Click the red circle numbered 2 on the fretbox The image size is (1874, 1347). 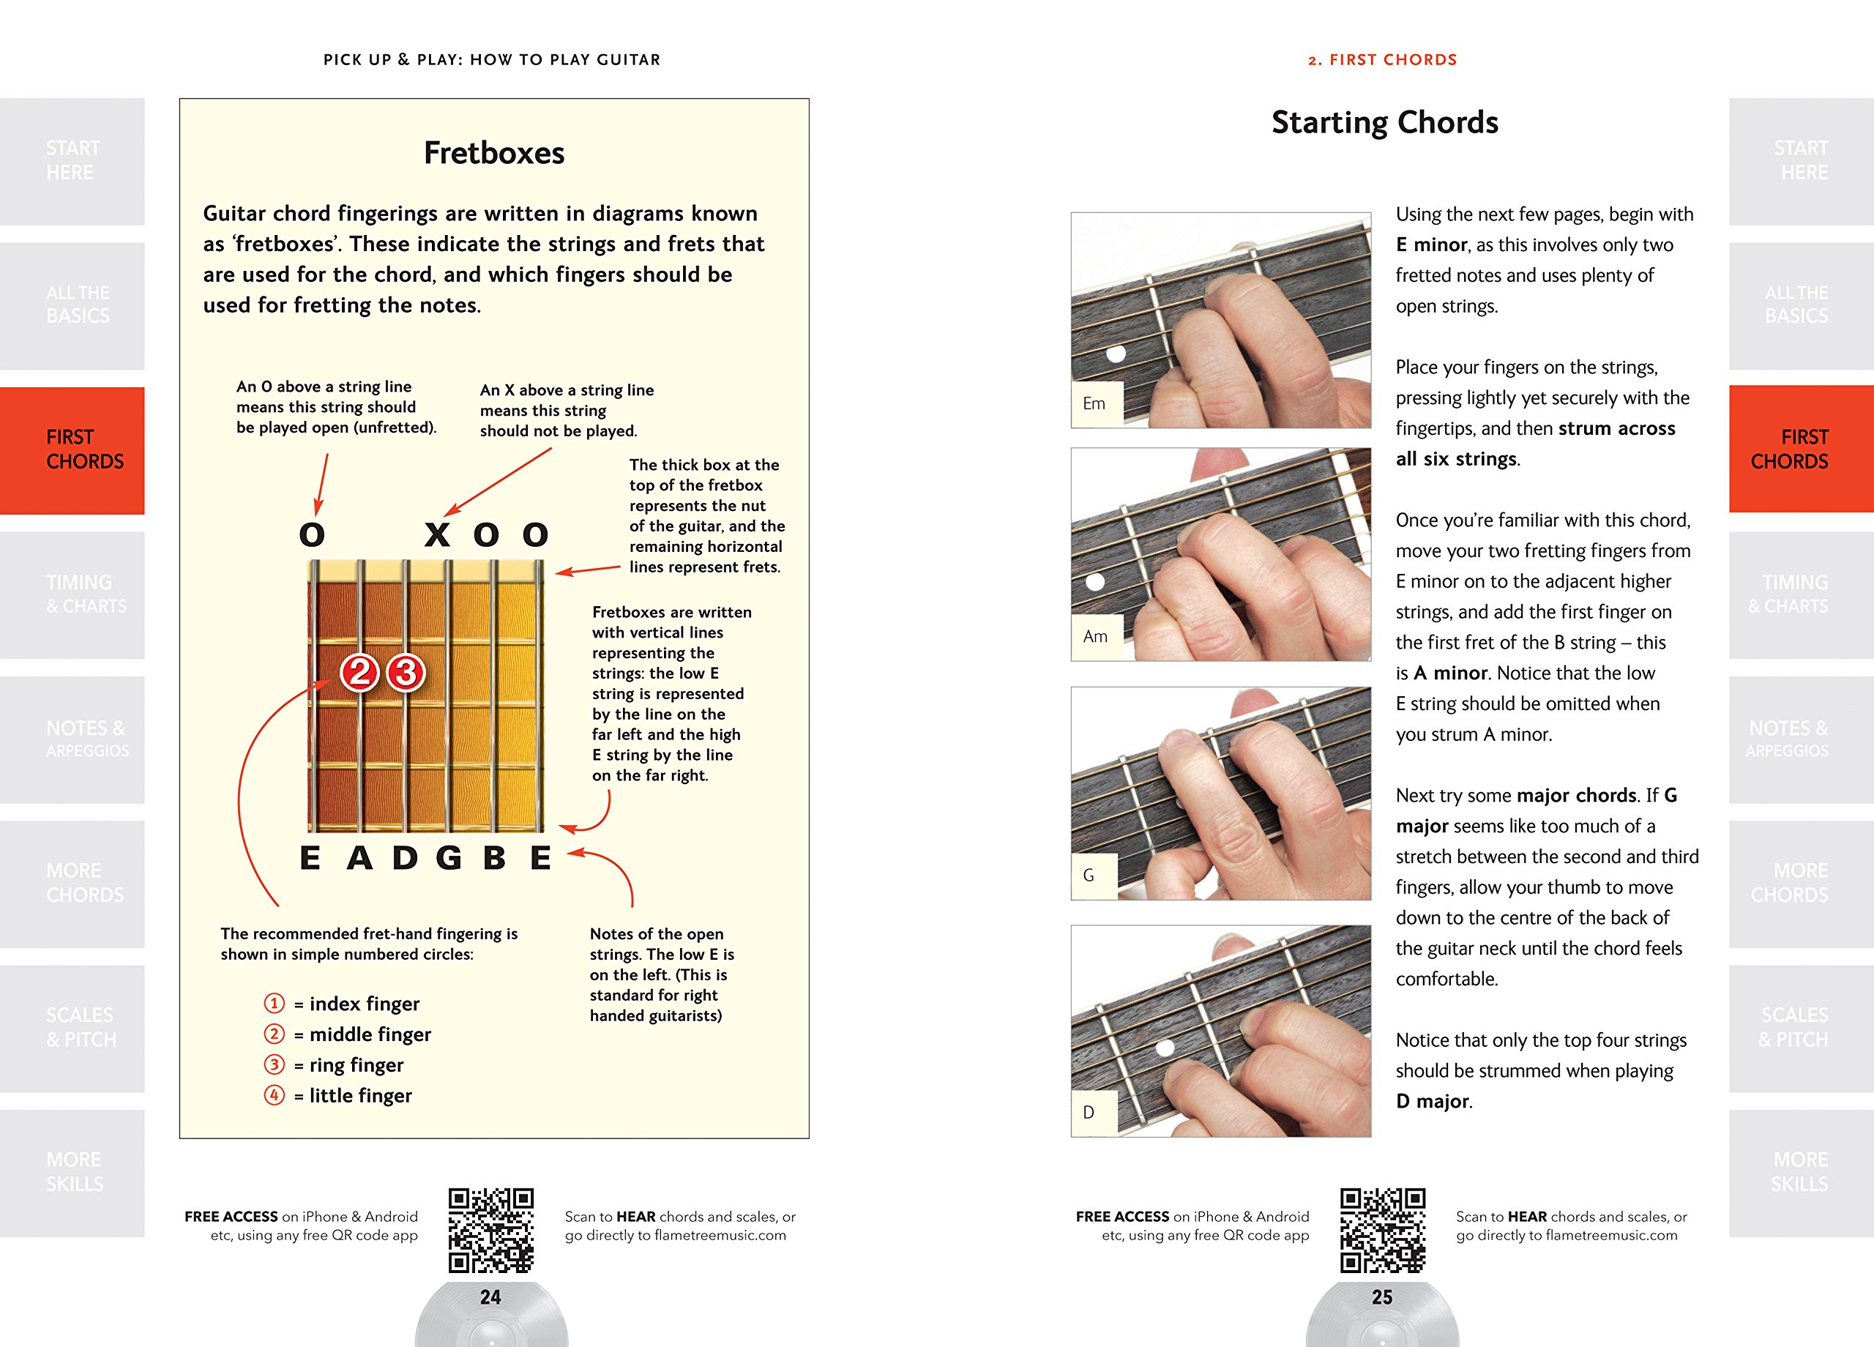pos(359,673)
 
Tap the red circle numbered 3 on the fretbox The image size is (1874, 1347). pos(406,673)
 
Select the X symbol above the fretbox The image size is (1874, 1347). pos(437,534)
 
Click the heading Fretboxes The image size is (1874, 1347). pos(494,153)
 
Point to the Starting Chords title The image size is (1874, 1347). pos(1384,122)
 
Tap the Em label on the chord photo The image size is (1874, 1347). pos(1094,403)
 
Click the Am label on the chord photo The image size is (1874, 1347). pos(1095,636)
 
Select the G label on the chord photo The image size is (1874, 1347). pos(1089,875)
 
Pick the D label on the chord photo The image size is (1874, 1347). pos(1089,1112)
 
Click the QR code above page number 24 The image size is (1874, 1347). pos(490,1230)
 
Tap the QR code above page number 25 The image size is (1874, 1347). pos(1382,1230)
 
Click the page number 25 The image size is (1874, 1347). pos(1382,1297)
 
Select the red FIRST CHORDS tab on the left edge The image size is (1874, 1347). pos(72,449)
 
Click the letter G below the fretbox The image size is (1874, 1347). pos(449,858)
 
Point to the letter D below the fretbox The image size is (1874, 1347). pos(404,858)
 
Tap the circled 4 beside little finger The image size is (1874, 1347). pos(275,1095)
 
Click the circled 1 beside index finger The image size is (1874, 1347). pos(275,1003)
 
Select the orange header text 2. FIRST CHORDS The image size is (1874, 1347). pos(1382,59)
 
